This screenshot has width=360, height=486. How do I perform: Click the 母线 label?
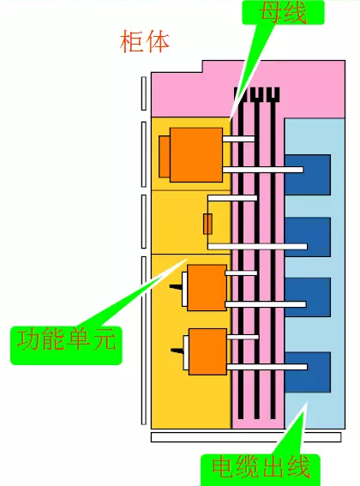283,12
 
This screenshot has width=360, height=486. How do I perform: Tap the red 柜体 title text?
145,41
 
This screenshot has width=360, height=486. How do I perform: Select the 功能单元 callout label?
66,345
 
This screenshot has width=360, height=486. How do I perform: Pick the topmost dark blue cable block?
308,175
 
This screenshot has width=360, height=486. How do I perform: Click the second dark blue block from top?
308,237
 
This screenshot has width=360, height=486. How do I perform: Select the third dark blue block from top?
308,297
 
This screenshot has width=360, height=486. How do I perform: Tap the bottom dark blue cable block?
308,372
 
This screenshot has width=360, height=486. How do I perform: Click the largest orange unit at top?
196,155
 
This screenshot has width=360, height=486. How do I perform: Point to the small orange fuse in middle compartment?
207,224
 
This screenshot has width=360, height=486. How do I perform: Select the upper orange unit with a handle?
207,288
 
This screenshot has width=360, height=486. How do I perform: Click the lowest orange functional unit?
207,351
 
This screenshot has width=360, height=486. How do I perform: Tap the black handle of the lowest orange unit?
177,351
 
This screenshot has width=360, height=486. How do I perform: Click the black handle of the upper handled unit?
176,286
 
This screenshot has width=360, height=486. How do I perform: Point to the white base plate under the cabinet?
246,437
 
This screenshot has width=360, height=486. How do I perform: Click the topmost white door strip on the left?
143,93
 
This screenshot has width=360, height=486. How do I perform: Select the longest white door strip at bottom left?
143,340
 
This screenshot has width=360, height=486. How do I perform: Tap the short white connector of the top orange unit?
238,139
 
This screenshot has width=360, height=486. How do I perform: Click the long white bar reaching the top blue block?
263,170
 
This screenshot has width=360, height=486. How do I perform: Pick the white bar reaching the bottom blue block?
267,367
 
